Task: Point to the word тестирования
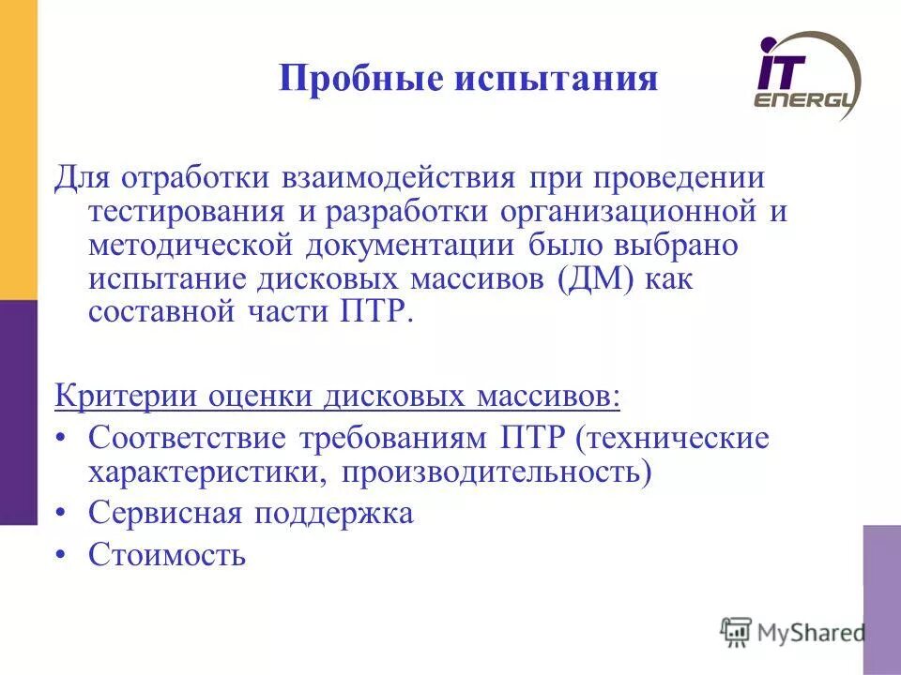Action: click(189, 212)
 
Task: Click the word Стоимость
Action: click(167, 555)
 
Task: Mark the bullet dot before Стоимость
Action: click(61, 555)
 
